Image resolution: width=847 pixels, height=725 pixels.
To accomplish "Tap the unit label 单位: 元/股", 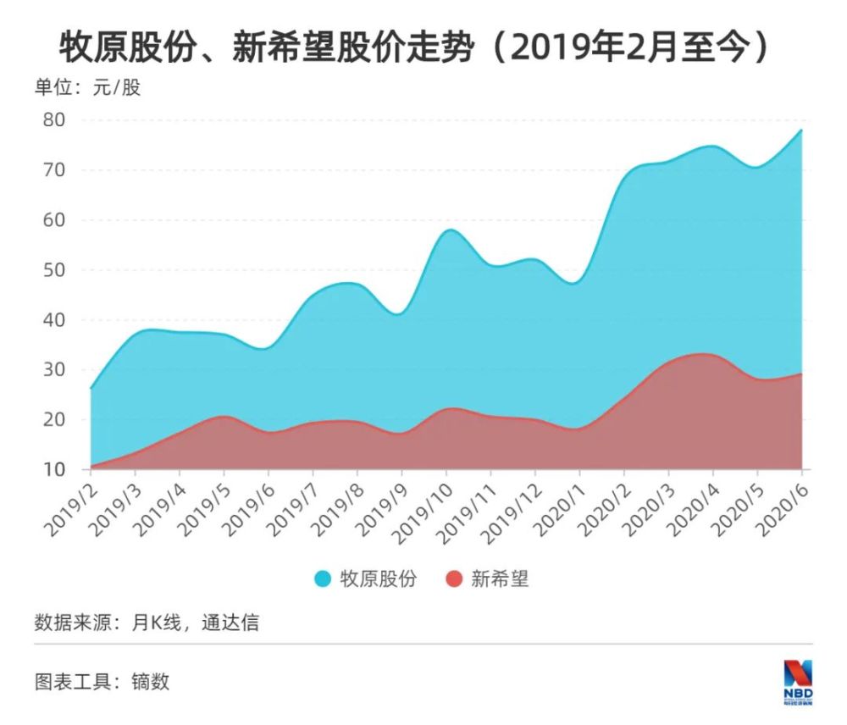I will pos(87,87).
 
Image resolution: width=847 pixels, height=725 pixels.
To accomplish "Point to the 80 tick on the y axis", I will pos(53,119).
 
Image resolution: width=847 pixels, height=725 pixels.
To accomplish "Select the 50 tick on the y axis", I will pos(53,270).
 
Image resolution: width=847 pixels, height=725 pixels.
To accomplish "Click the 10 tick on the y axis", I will pos(53,469).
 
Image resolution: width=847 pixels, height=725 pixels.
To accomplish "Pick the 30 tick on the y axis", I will pos(53,370).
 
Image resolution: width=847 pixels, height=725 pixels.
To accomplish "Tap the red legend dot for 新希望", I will pos(455,579).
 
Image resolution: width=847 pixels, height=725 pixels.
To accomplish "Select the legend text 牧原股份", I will pos(378,579).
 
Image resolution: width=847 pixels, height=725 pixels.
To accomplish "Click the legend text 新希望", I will pos(500,579).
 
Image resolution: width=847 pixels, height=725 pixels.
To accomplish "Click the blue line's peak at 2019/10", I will pos(448,230).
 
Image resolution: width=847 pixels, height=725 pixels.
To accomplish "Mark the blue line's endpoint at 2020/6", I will pos(801,130).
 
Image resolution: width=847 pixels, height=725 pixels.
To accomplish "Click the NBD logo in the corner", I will pos(797,680).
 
